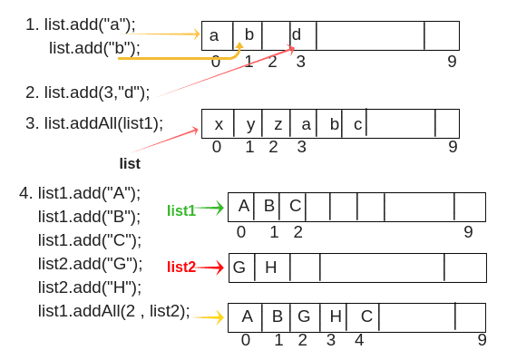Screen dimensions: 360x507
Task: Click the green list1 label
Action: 181,210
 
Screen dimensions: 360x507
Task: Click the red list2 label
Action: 181,267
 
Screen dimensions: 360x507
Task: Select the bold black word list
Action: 130,163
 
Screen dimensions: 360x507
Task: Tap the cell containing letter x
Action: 218,124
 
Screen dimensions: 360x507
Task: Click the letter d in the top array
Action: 297,35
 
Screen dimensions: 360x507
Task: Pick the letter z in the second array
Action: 278,124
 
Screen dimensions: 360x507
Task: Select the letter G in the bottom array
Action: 304,316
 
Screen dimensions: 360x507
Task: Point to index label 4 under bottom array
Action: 359,340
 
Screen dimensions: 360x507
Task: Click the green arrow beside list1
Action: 210,209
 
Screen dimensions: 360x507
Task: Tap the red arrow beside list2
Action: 210,268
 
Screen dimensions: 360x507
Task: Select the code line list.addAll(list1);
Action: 94,122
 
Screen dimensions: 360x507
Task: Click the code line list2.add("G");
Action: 90,264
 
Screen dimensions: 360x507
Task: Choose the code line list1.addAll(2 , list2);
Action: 113,311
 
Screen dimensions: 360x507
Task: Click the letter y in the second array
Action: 249,124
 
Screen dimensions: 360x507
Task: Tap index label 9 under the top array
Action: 452,62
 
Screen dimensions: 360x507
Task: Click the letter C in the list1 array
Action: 295,206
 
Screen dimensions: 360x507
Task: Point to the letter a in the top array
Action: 214,35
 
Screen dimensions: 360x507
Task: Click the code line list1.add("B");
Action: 89,217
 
